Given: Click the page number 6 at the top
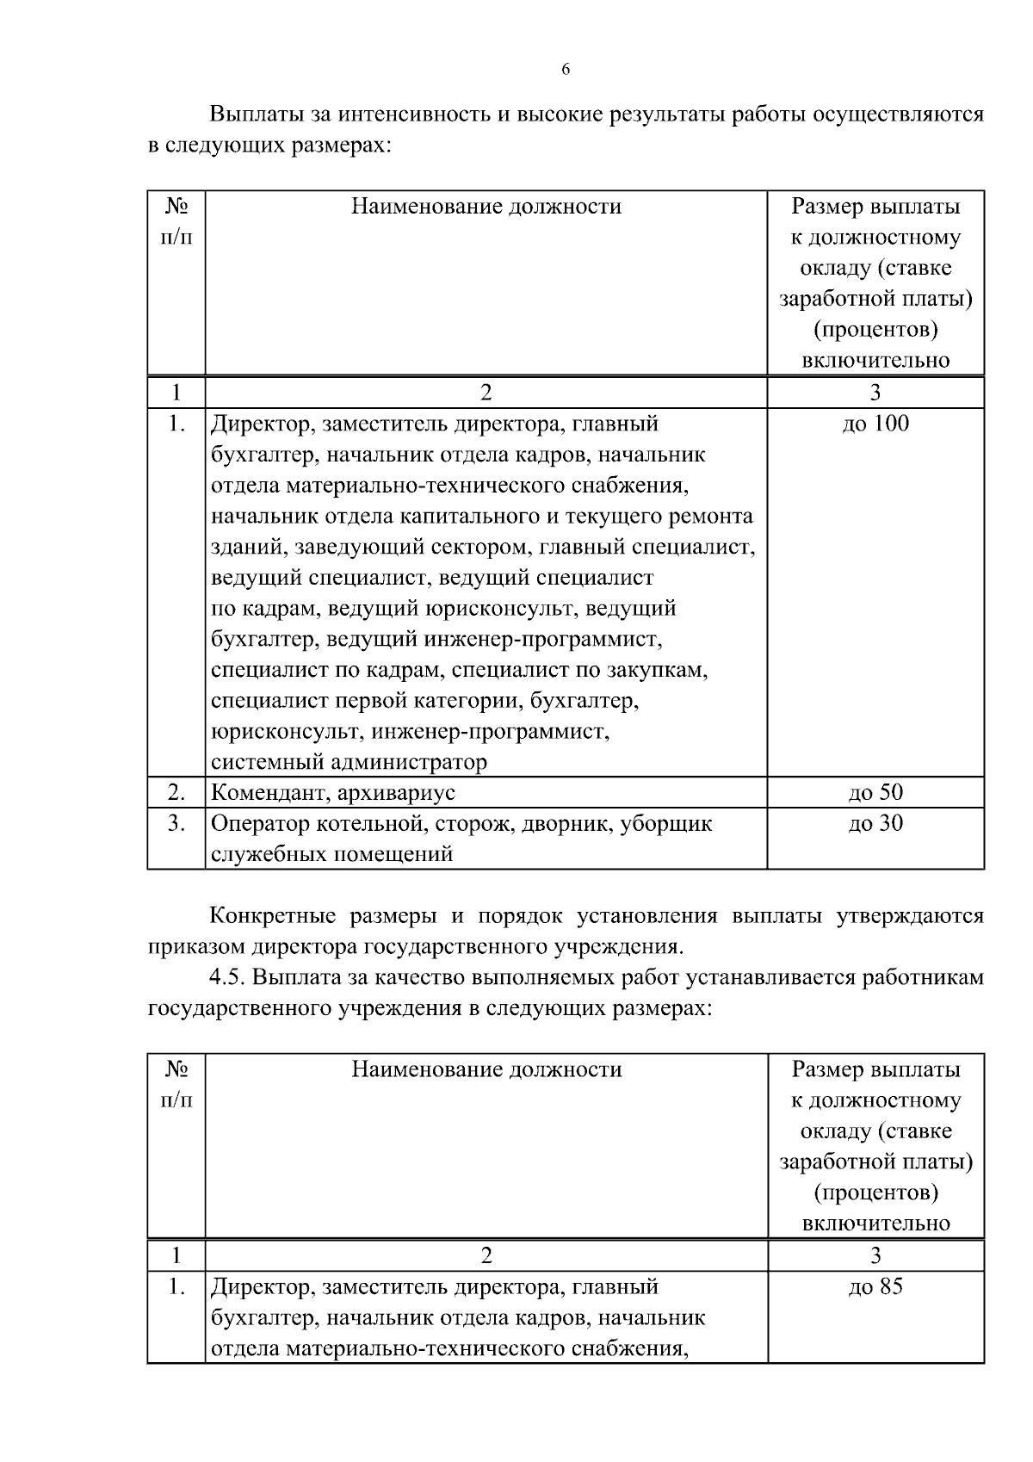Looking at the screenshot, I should click(x=566, y=70).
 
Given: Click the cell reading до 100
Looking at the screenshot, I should click(x=875, y=424).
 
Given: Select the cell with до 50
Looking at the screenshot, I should click(x=875, y=793).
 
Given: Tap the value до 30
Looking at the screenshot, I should click(x=875, y=824).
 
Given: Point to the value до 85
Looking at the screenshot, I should click(x=875, y=1287).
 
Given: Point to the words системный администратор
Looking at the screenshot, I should click(x=349, y=762).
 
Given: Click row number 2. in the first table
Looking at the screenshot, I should click(x=176, y=793).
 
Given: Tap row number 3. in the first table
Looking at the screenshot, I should click(x=176, y=824).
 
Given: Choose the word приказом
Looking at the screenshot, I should click(x=195, y=947).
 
